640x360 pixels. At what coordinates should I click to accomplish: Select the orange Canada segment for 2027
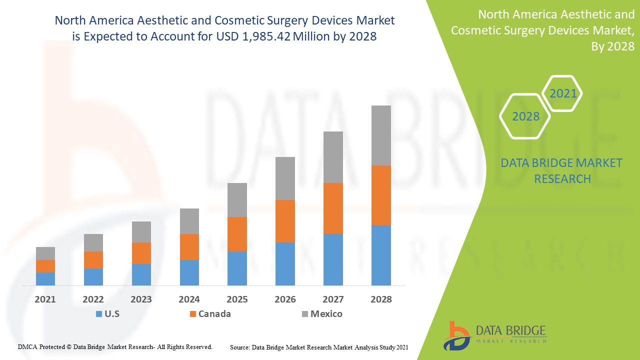coord(333,208)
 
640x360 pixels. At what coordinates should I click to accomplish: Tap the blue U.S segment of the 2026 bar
coord(285,263)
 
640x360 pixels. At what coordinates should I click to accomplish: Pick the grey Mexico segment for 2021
coord(45,253)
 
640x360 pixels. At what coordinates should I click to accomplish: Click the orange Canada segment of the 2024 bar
coord(189,246)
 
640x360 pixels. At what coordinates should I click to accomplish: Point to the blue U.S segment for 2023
coord(141,274)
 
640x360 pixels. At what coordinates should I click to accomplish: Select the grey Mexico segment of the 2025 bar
coord(237,199)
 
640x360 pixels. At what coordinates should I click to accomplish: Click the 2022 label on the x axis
coord(93,299)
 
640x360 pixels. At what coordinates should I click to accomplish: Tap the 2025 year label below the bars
coord(237,299)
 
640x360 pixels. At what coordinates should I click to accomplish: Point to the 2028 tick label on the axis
coord(381,299)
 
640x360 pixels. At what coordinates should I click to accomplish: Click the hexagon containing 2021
coord(562,93)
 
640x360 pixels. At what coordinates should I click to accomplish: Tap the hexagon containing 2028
coord(525,116)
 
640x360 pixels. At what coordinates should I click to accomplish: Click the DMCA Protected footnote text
coord(115,346)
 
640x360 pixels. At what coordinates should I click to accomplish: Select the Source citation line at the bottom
coord(319,347)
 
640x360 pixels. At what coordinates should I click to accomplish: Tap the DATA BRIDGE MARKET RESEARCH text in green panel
coord(561,170)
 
